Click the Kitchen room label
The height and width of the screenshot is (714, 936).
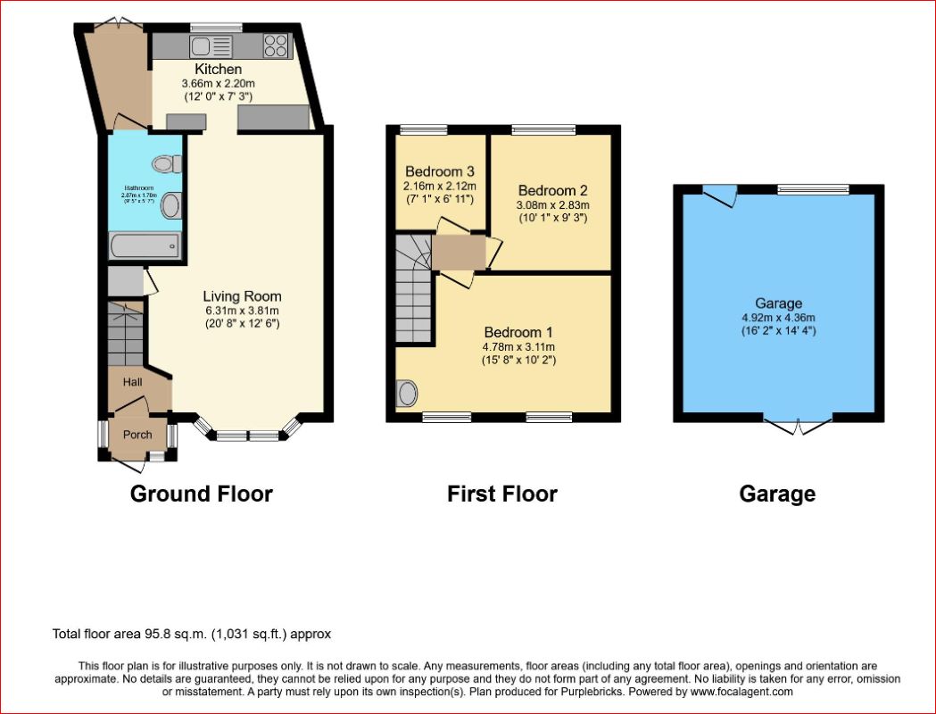click(219, 69)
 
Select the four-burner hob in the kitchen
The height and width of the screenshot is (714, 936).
click(276, 45)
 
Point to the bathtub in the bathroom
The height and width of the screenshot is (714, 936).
click(145, 245)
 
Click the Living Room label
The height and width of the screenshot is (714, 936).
click(242, 296)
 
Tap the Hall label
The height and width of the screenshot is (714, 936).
click(133, 382)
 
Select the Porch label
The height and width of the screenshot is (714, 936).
click(137, 435)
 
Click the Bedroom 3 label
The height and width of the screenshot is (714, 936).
click(440, 171)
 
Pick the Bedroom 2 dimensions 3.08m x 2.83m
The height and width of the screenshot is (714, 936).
click(552, 204)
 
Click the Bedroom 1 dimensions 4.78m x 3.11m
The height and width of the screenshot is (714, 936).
click(518, 347)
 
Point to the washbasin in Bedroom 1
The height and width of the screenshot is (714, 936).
click(408, 393)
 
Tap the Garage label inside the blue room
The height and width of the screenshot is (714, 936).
click(778, 303)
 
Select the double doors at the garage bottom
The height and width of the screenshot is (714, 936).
click(799, 427)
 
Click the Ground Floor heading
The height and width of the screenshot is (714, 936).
click(202, 494)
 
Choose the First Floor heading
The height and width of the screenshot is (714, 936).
click(502, 494)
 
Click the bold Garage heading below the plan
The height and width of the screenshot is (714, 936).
click(777, 494)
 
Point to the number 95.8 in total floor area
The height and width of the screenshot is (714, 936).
click(157, 635)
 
